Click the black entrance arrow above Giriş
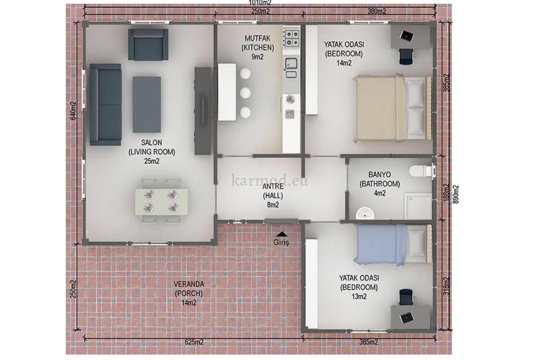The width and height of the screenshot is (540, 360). (x=282, y=234)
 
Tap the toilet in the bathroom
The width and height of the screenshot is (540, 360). (x=421, y=171)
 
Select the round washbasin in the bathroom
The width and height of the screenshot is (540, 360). (x=365, y=213)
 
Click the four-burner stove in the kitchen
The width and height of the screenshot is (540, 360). (x=292, y=38)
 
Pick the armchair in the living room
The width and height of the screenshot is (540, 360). (x=148, y=45)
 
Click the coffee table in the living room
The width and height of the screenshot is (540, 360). (x=147, y=104)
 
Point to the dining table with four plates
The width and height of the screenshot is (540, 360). (x=161, y=202)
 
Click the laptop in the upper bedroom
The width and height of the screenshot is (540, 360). (x=406, y=36)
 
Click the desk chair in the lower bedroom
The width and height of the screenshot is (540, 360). (x=406, y=297)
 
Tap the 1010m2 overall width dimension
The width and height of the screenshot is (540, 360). (x=260, y=3)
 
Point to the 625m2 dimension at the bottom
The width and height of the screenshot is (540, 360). (x=194, y=342)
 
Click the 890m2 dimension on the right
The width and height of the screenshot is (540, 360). (x=455, y=194)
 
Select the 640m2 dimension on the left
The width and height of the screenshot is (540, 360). (x=73, y=111)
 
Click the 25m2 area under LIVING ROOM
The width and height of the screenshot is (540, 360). (x=152, y=161)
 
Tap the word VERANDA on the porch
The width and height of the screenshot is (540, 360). (x=189, y=284)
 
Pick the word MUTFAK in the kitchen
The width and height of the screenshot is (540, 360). (x=257, y=38)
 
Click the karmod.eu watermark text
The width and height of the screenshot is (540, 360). (x=270, y=180)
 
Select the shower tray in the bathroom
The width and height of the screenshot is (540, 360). (x=418, y=206)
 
